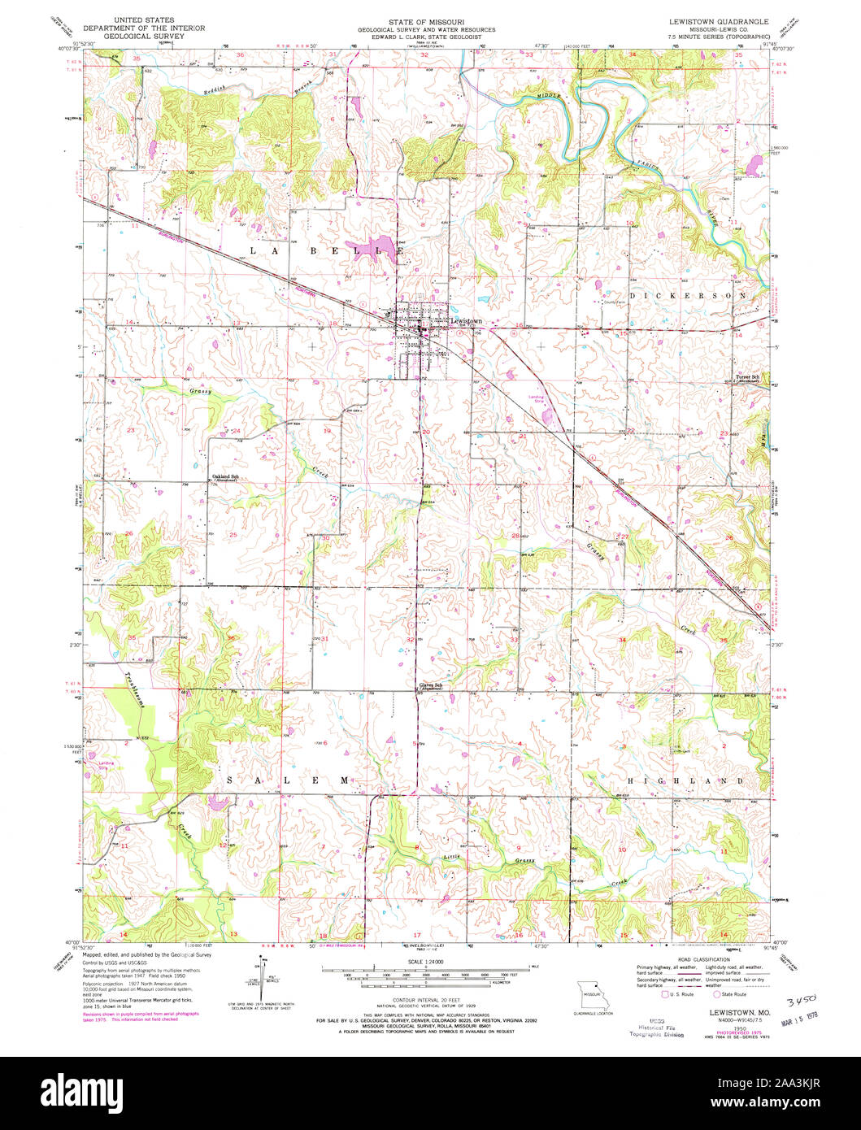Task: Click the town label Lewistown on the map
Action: point(467,322)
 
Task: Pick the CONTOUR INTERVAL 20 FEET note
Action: point(426,1000)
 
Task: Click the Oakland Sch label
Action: point(224,476)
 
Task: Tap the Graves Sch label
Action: point(430,685)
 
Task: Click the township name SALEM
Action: point(288,780)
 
